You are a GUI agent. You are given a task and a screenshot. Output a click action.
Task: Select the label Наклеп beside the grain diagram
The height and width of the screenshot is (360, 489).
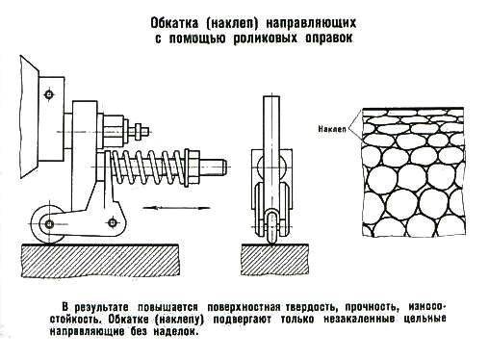pos(332,129)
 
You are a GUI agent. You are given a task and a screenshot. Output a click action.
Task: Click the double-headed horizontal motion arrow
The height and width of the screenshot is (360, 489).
pos(176,208)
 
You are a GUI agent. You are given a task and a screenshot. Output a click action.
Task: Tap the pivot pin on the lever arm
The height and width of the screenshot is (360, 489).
pos(113,222)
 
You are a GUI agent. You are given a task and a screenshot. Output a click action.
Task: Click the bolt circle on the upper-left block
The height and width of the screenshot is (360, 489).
pos(49,94)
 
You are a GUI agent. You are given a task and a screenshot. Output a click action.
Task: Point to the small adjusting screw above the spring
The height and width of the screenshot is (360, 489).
pos(138,131)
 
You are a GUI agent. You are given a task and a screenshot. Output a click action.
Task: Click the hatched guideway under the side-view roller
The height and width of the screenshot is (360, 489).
pos(100,260)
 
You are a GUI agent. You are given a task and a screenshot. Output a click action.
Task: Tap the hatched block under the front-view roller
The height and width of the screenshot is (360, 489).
pos(274,259)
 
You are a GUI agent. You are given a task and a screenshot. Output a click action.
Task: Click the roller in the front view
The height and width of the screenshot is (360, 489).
pos(271,226)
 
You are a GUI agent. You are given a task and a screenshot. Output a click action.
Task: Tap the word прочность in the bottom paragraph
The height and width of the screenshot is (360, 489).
pos(373,307)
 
